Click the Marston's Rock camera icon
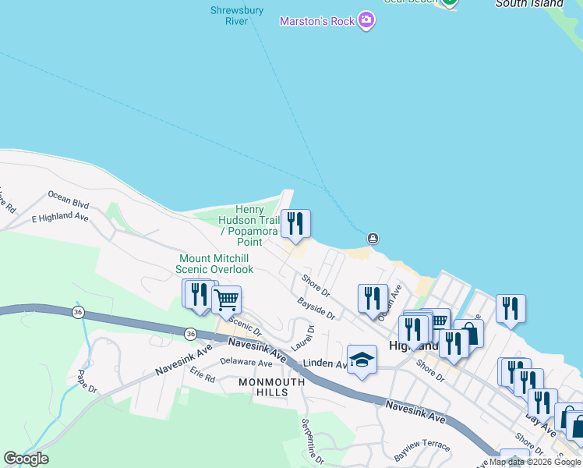click(366, 21)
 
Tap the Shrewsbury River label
click(237, 16)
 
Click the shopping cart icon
click(226, 300)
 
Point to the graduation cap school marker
click(362, 360)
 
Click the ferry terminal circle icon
click(373, 238)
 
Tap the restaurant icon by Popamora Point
click(295, 224)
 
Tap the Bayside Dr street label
click(316, 309)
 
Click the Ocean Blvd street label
click(69, 200)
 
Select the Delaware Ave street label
click(246, 363)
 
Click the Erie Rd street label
click(202, 376)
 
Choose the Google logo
click(26, 459)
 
